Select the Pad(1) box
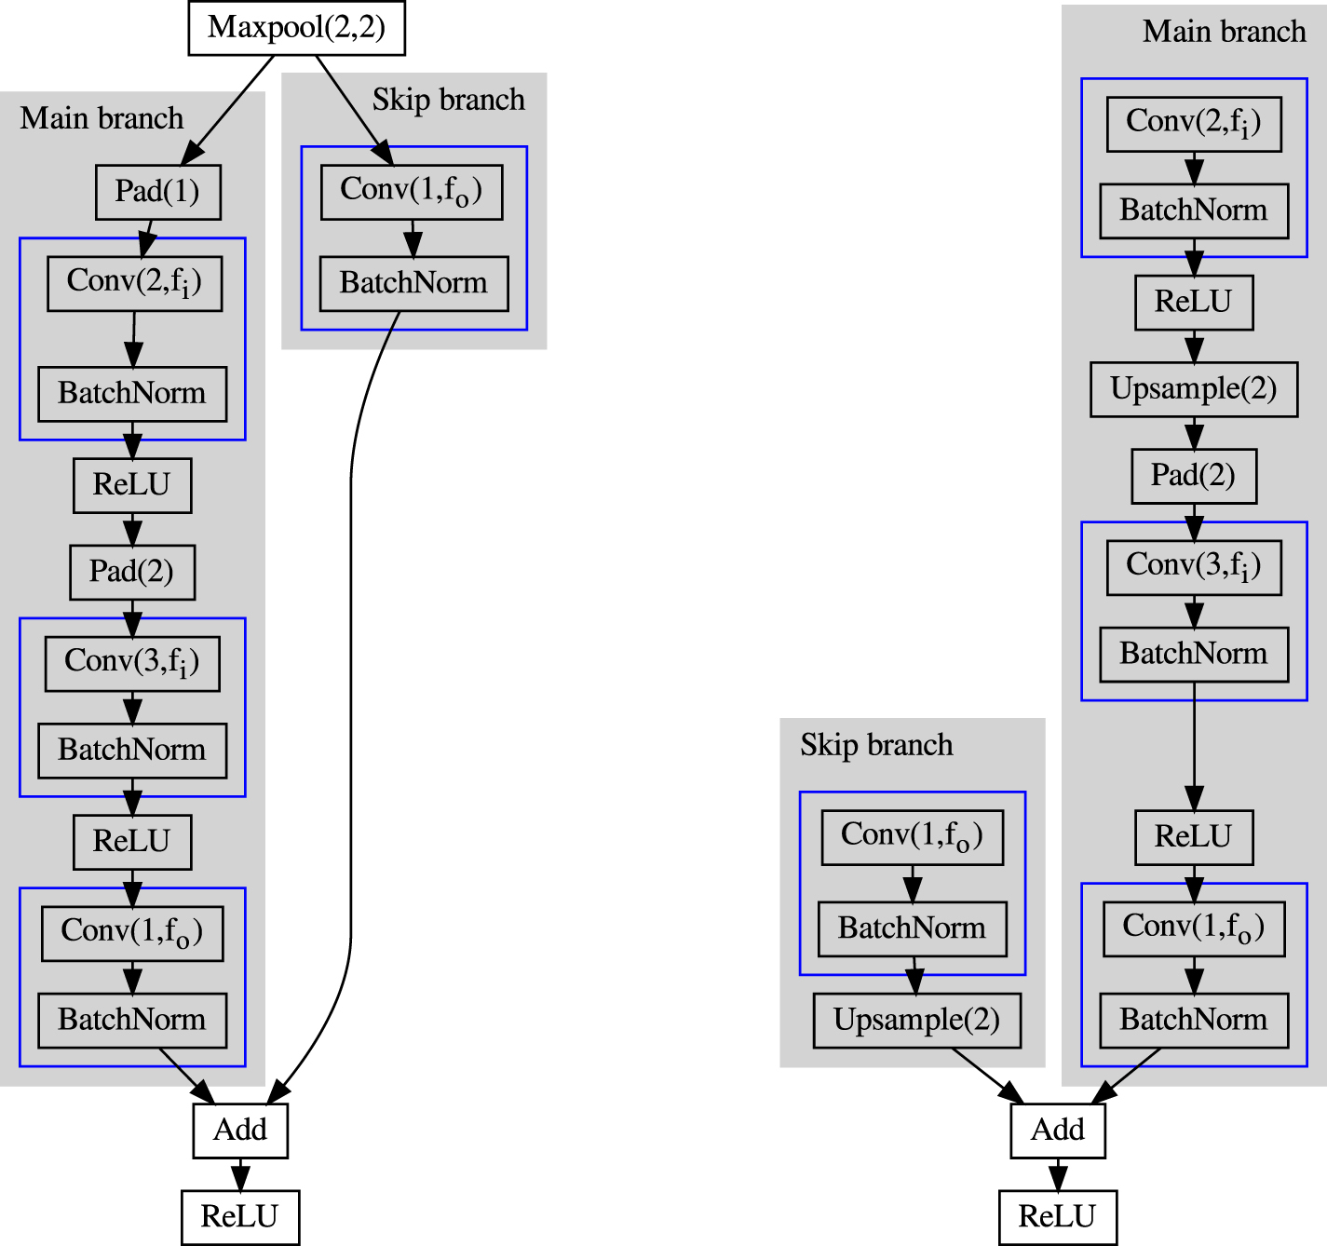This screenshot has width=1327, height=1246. [157, 192]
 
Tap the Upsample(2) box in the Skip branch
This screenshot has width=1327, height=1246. [916, 1021]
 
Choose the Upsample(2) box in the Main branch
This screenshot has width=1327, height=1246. [1193, 389]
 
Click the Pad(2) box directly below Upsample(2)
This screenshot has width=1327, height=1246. [1193, 476]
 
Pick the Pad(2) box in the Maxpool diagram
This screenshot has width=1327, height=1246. [131, 572]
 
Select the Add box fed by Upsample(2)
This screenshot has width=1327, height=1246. [1057, 1131]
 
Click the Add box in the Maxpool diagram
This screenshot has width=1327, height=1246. [240, 1131]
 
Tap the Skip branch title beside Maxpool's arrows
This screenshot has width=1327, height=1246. [448, 100]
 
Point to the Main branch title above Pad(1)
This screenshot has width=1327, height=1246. [102, 118]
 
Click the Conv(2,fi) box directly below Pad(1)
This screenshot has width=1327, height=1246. [134, 283]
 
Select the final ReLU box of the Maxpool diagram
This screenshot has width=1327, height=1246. [240, 1217]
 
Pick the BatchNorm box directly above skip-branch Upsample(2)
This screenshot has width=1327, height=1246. [912, 928]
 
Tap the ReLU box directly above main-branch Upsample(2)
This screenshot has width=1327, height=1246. [1193, 303]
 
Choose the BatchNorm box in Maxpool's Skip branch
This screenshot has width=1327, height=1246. [413, 283]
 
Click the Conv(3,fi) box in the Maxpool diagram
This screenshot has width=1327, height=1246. [132, 663]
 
